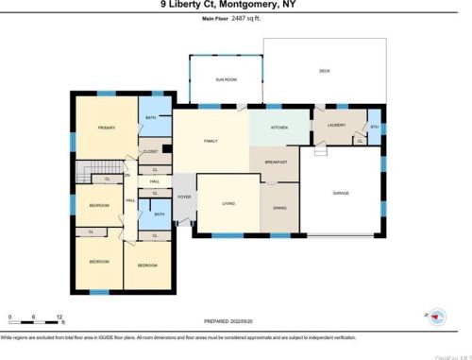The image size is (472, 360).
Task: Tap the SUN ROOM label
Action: pyautogui.click(x=225, y=81)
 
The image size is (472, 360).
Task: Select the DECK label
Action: pyautogui.click(x=324, y=71)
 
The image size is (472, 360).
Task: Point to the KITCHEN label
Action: pyautogui.click(x=279, y=127)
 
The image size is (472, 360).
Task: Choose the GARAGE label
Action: pyautogui.click(x=340, y=194)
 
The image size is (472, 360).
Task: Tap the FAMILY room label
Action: pyautogui.click(x=211, y=142)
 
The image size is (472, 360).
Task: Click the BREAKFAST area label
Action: pyautogui.click(x=275, y=162)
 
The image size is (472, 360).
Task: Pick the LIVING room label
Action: pyautogui.click(x=228, y=203)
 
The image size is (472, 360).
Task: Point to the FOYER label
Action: pyautogui.click(x=184, y=197)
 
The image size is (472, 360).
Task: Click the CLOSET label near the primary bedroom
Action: pyautogui.click(x=150, y=151)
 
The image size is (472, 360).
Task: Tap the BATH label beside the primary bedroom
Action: pyautogui.click(x=152, y=119)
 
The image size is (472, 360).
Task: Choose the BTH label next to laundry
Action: pyautogui.click(x=374, y=128)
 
